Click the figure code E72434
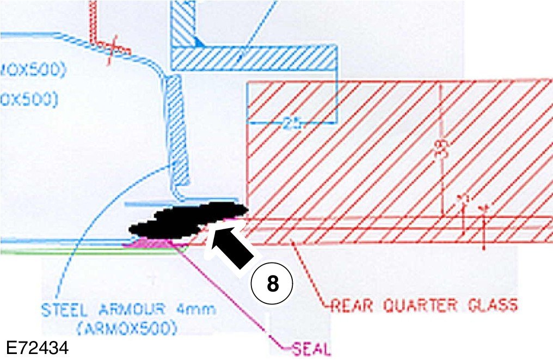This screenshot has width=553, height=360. [x=38, y=347]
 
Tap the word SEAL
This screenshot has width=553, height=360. [x=311, y=347]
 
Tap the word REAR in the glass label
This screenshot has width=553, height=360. [x=353, y=305]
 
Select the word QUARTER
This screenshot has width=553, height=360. [x=420, y=305]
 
